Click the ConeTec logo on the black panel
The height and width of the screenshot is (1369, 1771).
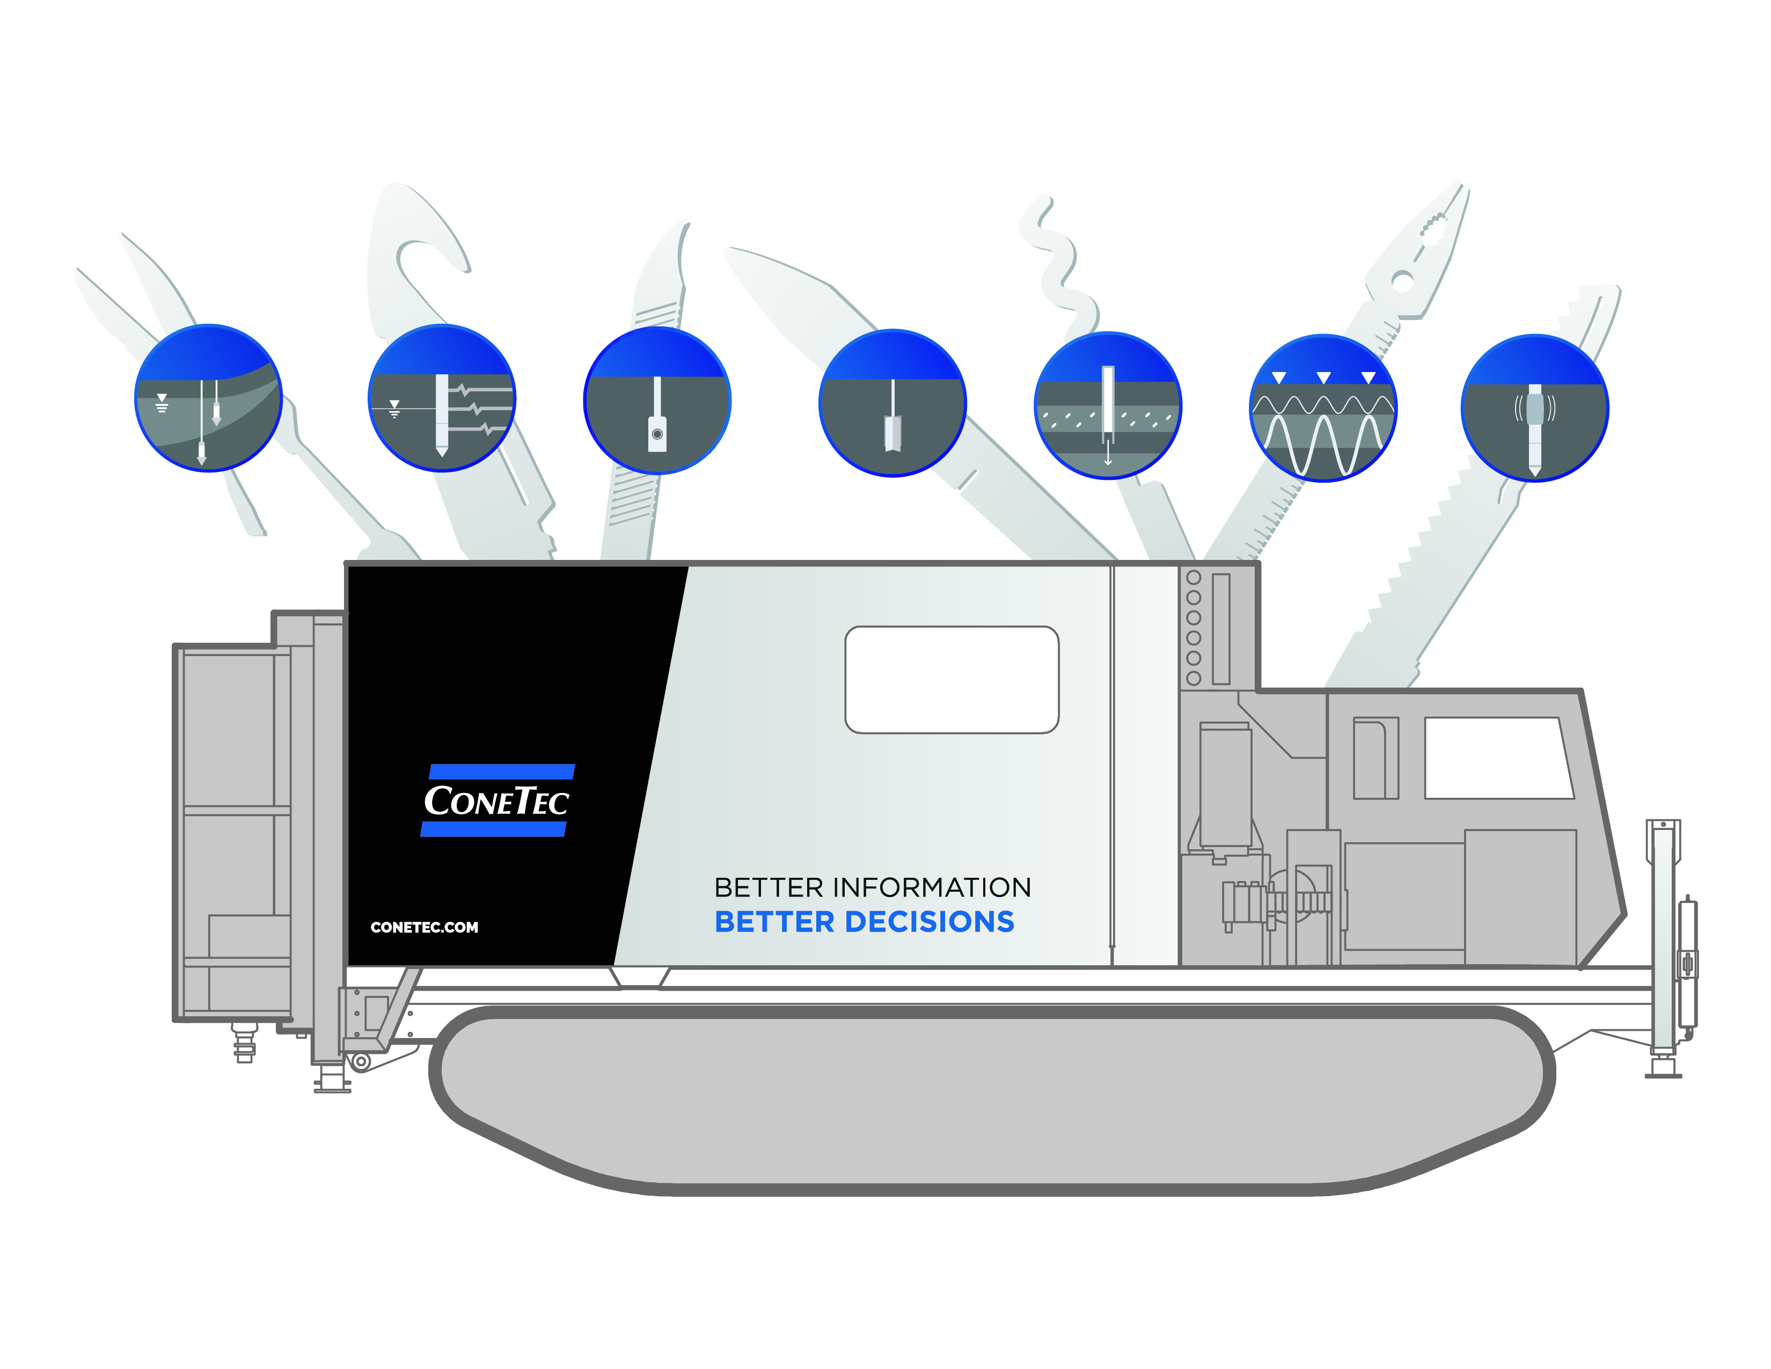coord(496,800)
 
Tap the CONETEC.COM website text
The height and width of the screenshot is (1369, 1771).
coord(424,927)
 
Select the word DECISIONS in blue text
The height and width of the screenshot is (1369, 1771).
coord(930,922)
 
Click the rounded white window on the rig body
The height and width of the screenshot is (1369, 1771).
coord(951,680)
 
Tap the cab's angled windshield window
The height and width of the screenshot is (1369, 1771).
coord(1498,758)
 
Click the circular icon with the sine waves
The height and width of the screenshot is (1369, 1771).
coord(1322,408)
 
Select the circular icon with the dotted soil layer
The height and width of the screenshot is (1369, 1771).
coord(1108,405)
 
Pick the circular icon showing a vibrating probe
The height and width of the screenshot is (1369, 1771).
coord(1534,408)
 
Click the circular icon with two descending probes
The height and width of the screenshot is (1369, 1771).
coord(208,397)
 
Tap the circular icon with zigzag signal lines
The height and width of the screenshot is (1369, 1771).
coord(442,397)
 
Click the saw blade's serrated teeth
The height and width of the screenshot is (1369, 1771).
coord(1427,535)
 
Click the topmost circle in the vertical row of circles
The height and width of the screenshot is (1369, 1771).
coord(1194,578)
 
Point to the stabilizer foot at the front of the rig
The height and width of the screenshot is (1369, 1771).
coord(1663,1069)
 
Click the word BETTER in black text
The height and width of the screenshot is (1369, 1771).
coord(768,887)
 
